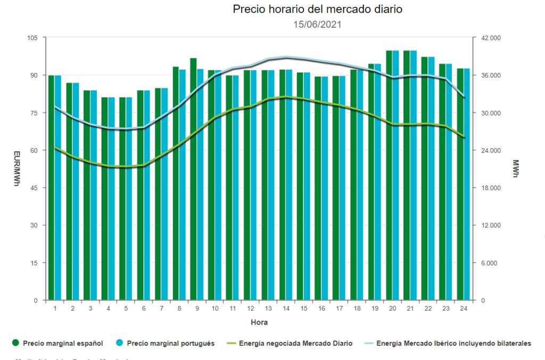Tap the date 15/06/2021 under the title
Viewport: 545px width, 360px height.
pyautogui.click(x=317, y=24)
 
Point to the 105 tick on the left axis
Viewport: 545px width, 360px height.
pyautogui.click(x=32, y=38)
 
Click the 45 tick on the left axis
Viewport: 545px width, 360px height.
pyautogui.click(x=34, y=188)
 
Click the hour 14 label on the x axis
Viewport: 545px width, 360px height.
pyautogui.click(x=286, y=308)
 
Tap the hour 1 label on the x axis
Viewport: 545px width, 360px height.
pyautogui.click(x=55, y=308)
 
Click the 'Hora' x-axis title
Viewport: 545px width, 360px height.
pyautogui.click(x=259, y=323)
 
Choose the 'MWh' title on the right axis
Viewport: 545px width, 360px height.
pyautogui.click(x=515, y=169)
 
